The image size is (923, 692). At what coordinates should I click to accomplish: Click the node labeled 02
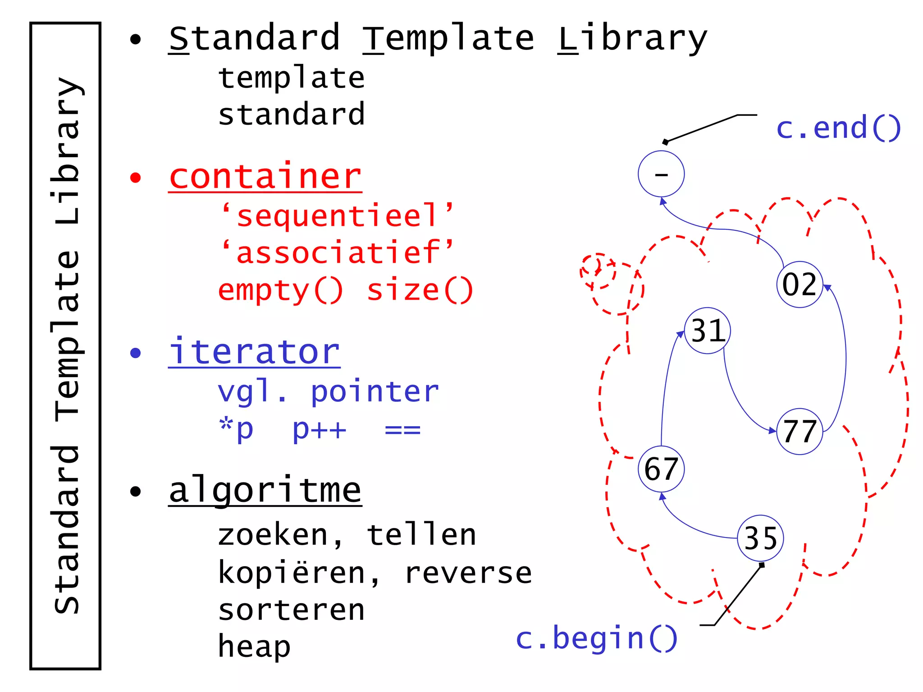tap(800, 284)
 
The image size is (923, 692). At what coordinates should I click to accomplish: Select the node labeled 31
tap(707, 331)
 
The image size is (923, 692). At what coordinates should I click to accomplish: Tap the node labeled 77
tap(800, 432)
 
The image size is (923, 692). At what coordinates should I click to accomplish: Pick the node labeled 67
tap(661, 469)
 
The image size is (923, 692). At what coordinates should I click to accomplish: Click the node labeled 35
tap(760, 538)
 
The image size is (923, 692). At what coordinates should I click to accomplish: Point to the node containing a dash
tap(661, 174)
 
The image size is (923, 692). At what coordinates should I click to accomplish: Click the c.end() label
tap(838, 128)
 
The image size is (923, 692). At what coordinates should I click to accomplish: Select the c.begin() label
tap(596, 638)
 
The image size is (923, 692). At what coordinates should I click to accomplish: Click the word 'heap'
tap(254, 646)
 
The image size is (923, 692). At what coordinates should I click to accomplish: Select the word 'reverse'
tap(468, 573)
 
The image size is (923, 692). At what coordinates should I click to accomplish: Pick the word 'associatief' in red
tap(338, 252)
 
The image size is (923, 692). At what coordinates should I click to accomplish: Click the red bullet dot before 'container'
tap(135, 178)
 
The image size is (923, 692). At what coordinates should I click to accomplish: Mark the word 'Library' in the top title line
tap(632, 39)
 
